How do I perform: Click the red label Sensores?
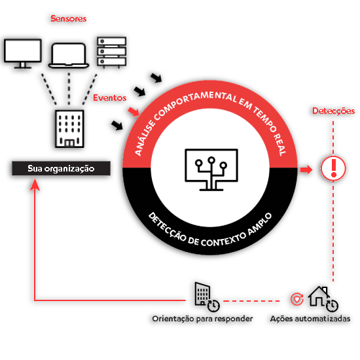pos(69,18)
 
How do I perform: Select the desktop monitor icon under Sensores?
pos(23,54)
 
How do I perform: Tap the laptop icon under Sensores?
pos(69,56)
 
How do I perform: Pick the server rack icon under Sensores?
pos(111,52)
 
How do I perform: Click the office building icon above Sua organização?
pos(69,129)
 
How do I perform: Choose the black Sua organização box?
pos(61,168)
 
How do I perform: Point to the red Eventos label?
pos(110,98)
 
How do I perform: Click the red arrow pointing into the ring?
pos(134,111)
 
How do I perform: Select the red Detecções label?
pos(333,111)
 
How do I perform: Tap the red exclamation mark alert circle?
pos(333,169)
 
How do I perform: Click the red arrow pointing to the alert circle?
pos(306,170)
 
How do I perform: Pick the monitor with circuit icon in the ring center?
pos(211,170)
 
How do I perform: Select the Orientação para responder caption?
pos(202,319)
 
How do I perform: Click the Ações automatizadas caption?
pos(310,319)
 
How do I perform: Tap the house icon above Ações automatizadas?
pos(319,296)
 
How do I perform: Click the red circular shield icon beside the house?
pos(297,299)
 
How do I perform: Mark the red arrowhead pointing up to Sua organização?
pos(35,185)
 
